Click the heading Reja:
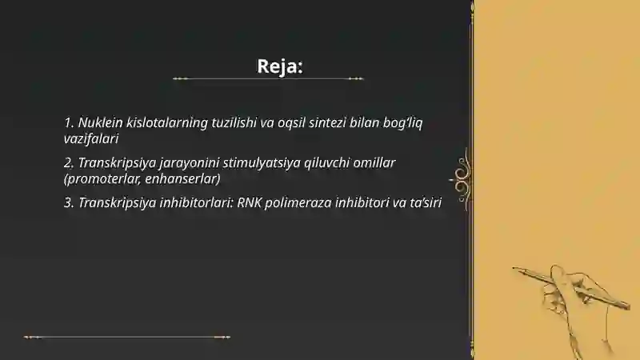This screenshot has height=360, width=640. [x=280, y=66]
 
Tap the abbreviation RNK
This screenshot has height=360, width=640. [x=250, y=202]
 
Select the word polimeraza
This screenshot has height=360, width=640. [x=298, y=202]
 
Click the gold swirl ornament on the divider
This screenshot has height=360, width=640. [x=462, y=172]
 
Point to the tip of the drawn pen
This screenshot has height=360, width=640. [x=515, y=269]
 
